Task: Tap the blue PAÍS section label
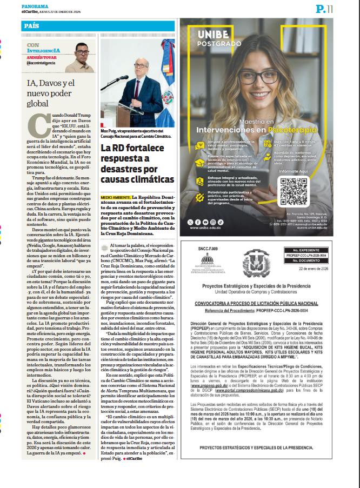(31, 26)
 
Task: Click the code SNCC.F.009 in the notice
(207, 249)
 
